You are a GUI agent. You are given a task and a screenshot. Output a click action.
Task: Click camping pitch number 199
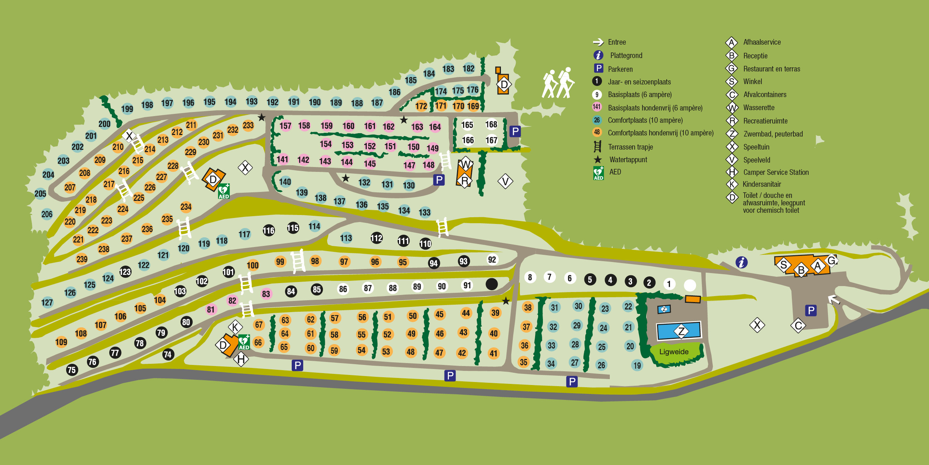tap(127, 109)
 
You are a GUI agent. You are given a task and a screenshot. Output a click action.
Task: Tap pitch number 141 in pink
tap(282, 159)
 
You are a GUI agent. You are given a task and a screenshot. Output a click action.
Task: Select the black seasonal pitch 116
tap(269, 231)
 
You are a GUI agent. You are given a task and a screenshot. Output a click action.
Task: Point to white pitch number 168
tap(491, 125)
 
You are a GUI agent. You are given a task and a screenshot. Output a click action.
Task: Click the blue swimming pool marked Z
tap(679, 331)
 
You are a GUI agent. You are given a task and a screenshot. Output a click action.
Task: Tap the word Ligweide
tap(674, 352)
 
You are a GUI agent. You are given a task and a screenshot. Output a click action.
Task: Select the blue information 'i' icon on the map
tap(742, 262)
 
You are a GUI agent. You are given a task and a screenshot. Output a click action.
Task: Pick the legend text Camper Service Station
tap(776, 172)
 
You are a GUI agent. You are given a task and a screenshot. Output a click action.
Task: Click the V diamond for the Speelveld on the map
tap(505, 182)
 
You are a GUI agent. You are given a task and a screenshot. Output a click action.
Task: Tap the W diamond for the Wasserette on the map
tap(466, 164)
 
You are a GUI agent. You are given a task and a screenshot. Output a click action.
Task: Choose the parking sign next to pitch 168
tap(515, 131)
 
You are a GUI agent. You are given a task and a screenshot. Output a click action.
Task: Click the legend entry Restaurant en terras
tap(771, 69)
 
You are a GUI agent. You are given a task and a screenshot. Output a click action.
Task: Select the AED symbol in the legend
tap(598, 173)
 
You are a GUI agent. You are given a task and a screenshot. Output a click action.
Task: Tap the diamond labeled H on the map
tap(241, 359)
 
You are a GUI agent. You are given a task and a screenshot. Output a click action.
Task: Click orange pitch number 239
tap(82, 259)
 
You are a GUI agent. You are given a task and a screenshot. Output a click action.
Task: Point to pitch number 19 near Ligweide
tap(637, 365)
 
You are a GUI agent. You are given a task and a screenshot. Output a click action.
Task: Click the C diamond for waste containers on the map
tap(798, 326)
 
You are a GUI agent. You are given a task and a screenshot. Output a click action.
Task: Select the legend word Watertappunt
tap(628, 160)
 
